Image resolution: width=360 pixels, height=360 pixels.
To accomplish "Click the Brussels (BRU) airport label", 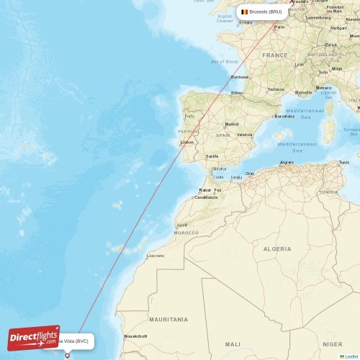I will [265, 12].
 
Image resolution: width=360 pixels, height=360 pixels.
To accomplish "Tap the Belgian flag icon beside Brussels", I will [245, 12].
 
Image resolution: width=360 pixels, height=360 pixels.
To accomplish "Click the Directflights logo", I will [33, 337].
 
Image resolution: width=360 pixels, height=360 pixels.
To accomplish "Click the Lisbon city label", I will [187, 143].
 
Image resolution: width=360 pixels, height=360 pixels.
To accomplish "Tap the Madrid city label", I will [231, 124].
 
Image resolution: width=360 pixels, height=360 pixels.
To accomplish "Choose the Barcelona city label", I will [284, 116].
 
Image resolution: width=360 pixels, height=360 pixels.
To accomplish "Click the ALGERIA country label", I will [277, 248].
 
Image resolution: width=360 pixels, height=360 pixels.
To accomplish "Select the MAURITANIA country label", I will [168, 319].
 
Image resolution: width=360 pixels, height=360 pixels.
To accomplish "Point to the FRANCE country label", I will [274, 55].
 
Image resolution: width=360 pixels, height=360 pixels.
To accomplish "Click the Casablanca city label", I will [206, 197].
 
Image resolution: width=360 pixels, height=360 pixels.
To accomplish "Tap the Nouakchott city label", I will [135, 336].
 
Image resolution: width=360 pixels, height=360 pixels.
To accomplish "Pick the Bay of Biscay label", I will [225, 62].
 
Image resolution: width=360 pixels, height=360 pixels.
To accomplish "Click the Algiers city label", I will [287, 163].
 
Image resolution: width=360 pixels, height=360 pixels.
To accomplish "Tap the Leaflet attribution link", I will [351, 356].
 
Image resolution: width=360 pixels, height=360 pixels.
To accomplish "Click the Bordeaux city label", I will [239, 77].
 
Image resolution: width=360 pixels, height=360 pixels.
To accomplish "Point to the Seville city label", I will [212, 156].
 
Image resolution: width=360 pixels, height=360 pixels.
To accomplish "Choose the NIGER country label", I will [333, 345].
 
